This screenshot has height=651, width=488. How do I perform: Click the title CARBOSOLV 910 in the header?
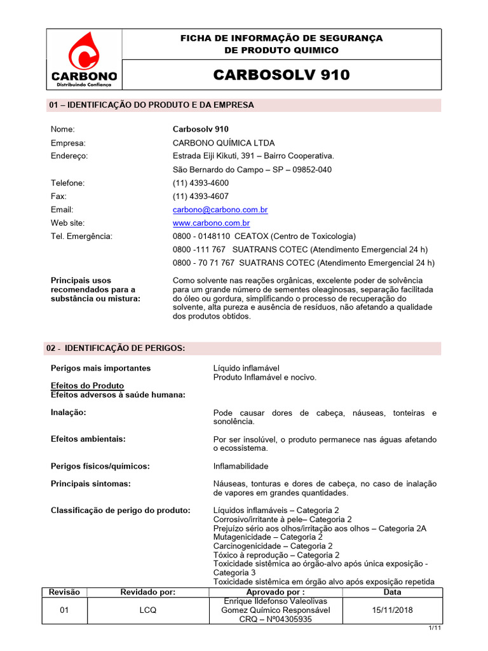pos(281,75)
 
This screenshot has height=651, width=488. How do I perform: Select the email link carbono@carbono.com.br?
pos(220,210)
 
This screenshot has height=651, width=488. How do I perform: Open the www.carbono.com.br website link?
pos(211,223)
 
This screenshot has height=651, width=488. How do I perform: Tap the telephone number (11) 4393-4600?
pos(201,183)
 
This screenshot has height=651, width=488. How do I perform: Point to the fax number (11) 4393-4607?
pos(201,196)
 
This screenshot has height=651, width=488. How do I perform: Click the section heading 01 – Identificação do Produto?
pos(151,105)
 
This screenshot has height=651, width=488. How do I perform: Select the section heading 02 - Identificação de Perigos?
pos(117,348)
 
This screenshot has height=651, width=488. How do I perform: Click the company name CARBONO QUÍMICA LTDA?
pos(224,143)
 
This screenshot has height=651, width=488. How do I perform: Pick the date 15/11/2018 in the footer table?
pos(393,610)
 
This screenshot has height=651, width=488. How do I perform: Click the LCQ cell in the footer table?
pos(148,610)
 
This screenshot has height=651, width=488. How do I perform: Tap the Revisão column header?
pos(65,592)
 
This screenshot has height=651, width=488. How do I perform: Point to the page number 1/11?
pos(434,628)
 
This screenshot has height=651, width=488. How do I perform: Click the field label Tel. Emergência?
pos(81,236)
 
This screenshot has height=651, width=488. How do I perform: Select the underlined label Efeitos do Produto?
pos(87,386)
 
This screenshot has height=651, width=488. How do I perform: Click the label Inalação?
pos(69,413)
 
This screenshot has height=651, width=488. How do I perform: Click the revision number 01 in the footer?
pos(65,610)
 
